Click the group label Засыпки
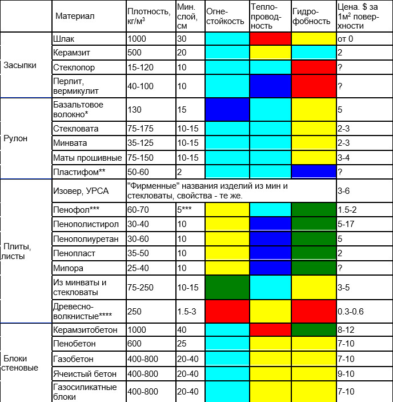tap(20, 65)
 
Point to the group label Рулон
tap(15, 138)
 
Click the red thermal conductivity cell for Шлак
tap(270, 39)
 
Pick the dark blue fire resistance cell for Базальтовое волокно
tap(227, 109)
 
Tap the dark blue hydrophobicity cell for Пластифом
tap(313, 172)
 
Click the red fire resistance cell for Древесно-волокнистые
tap(227, 311)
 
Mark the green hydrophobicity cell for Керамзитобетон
tap(313, 330)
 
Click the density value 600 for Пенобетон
tap(137, 344)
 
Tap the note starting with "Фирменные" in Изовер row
tap(231, 191)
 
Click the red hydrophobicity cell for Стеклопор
tap(313, 66)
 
